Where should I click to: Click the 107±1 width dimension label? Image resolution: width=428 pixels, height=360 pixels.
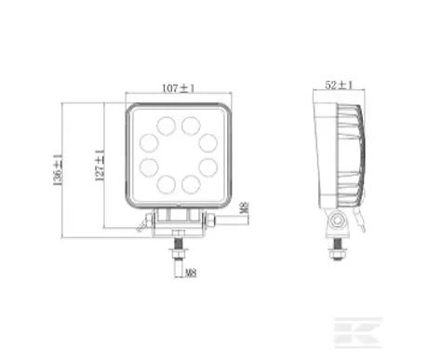click(179, 88)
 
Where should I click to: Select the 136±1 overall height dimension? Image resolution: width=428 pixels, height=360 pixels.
click(58, 170)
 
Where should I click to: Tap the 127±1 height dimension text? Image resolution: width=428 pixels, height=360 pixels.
click(100, 165)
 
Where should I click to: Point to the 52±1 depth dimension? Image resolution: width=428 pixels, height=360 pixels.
click(339, 85)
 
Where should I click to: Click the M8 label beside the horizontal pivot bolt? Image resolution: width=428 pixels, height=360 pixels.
click(245, 208)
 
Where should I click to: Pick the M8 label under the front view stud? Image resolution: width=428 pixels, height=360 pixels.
click(191, 273)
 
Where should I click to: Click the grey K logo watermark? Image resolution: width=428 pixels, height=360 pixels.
click(357, 333)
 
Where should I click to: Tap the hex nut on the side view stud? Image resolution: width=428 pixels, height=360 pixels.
click(337, 255)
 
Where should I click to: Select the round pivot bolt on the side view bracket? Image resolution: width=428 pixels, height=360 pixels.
click(337, 220)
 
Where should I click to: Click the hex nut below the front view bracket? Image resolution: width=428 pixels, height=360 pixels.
click(178, 255)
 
